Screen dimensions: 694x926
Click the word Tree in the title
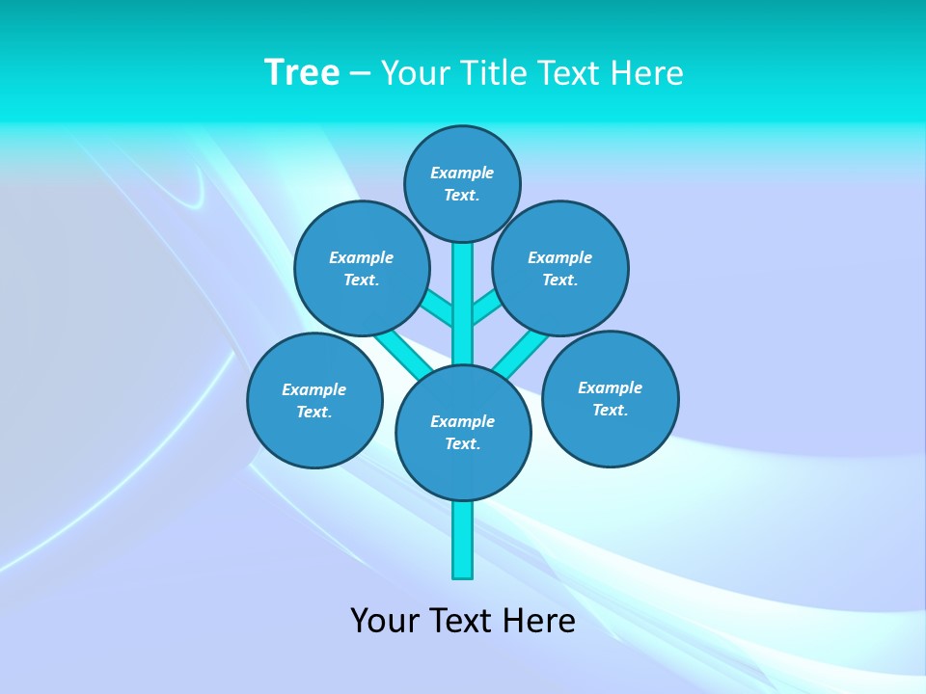click(x=302, y=73)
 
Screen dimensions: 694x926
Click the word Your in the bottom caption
click(x=384, y=621)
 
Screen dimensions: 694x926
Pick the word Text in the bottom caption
click(x=461, y=621)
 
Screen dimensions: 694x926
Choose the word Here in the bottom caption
click(x=539, y=621)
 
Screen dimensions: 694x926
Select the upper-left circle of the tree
click(x=362, y=268)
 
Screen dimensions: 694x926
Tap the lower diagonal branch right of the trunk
click(x=516, y=353)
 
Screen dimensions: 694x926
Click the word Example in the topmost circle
click(x=462, y=173)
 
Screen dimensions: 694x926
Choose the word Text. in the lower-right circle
click(x=610, y=410)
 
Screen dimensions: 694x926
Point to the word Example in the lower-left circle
click(x=313, y=389)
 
